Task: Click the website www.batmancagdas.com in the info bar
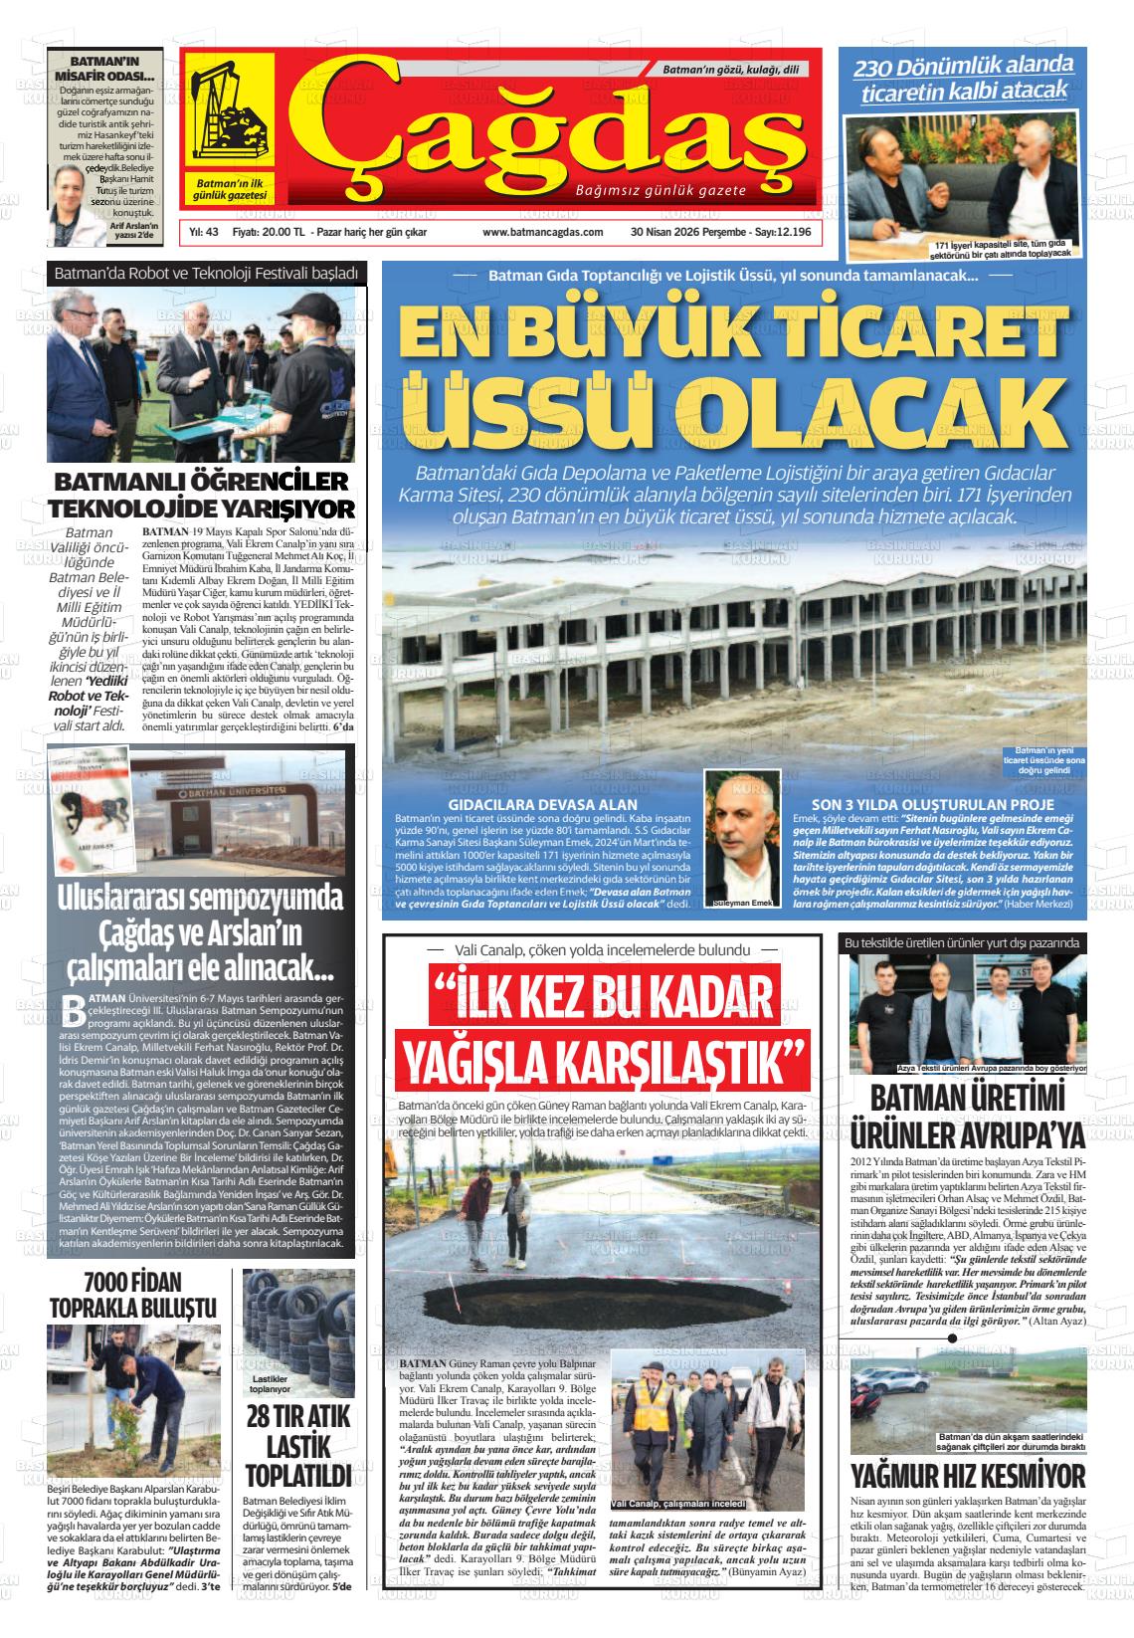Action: (x=542, y=232)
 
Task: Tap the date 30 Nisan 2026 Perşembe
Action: (x=688, y=232)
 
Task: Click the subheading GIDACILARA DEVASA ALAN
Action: (x=543, y=804)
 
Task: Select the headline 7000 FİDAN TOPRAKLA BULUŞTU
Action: (x=133, y=1292)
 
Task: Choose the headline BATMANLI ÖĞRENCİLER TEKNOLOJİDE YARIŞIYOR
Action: (x=203, y=496)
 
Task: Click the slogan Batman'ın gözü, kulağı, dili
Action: (x=730, y=71)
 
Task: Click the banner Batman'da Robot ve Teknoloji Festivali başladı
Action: (x=206, y=272)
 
